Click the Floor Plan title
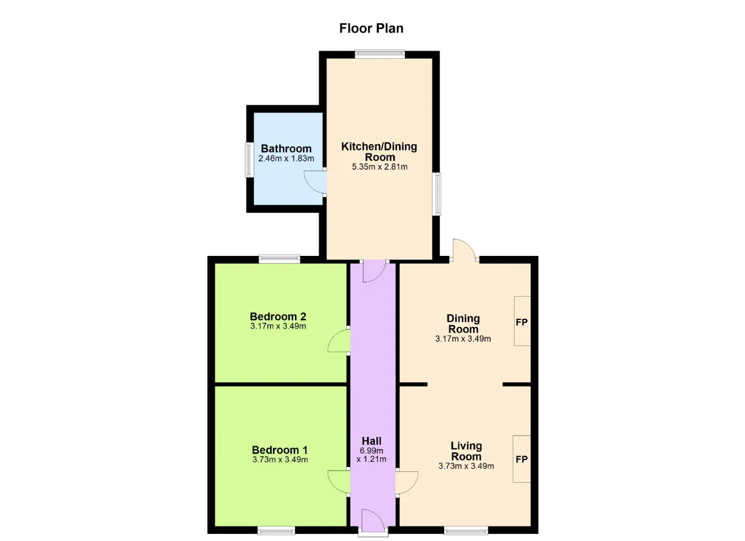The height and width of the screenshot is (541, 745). (x=371, y=29)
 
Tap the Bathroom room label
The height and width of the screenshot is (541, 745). (x=286, y=148)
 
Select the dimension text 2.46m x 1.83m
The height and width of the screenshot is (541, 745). (x=286, y=158)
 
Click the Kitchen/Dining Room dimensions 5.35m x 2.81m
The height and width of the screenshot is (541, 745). (x=379, y=166)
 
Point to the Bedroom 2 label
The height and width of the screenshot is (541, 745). (x=278, y=316)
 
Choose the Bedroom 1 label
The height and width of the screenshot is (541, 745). (x=280, y=450)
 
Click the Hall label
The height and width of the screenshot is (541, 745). (x=371, y=441)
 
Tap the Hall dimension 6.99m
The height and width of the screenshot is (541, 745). (x=371, y=451)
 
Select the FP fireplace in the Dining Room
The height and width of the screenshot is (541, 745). (x=522, y=321)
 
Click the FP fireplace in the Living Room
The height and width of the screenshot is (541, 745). (x=521, y=458)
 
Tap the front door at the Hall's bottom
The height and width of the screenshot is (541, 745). (x=373, y=521)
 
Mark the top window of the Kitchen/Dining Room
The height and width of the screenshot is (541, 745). (x=380, y=54)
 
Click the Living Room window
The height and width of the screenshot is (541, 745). (x=466, y=531)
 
